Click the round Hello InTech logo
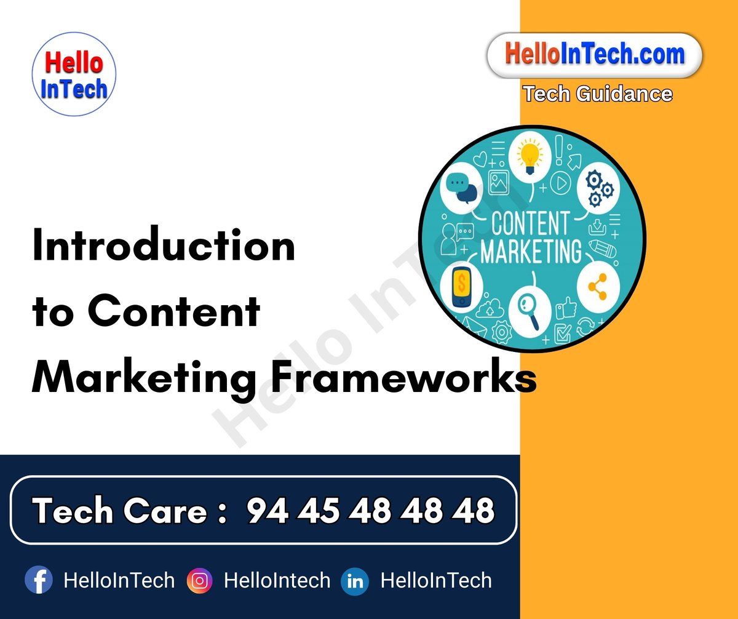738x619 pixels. point(74,74)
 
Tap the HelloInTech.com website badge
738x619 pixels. point(594,55)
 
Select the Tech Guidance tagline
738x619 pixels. point(597,94)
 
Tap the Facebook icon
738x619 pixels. point(39,580)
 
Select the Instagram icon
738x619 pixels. point(199,580)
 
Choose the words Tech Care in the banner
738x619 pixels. point(120,510)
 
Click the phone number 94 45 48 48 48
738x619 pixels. point(371,510)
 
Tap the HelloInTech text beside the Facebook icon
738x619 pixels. point(119,580)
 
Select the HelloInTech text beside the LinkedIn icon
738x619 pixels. point(436,580)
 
